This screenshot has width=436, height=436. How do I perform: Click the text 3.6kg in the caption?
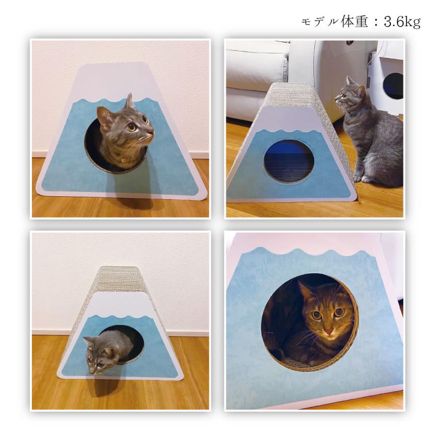point(403,22)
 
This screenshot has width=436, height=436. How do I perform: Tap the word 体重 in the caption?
point(355,22)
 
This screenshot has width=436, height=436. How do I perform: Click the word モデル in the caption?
point(320,22)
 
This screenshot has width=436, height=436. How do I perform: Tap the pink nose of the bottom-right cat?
point(329,332)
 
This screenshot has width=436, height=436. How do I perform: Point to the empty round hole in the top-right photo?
point(289,161)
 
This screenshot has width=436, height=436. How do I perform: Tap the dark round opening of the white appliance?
point(392,86)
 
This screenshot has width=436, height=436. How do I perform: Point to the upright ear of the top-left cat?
point(129,101)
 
